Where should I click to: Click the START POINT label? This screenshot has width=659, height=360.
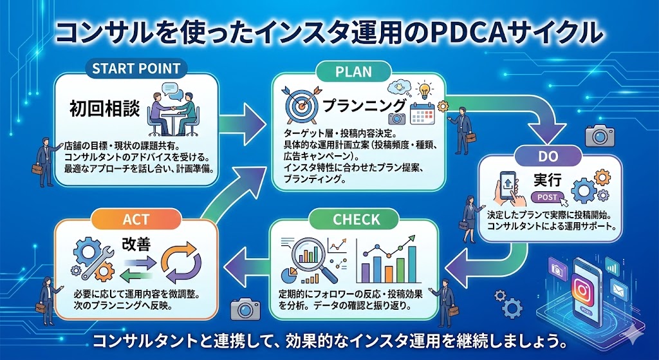coord(136,69)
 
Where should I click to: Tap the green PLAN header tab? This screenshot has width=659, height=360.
coord(353,71)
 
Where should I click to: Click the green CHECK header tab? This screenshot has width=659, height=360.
coord(357,220)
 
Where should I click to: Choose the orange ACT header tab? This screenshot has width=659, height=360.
coord(136,220)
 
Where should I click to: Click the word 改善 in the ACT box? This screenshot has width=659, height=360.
coord(136,244)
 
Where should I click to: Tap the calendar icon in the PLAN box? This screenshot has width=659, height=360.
coord(423,113)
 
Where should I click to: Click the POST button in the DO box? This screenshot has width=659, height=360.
coord(547,198)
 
